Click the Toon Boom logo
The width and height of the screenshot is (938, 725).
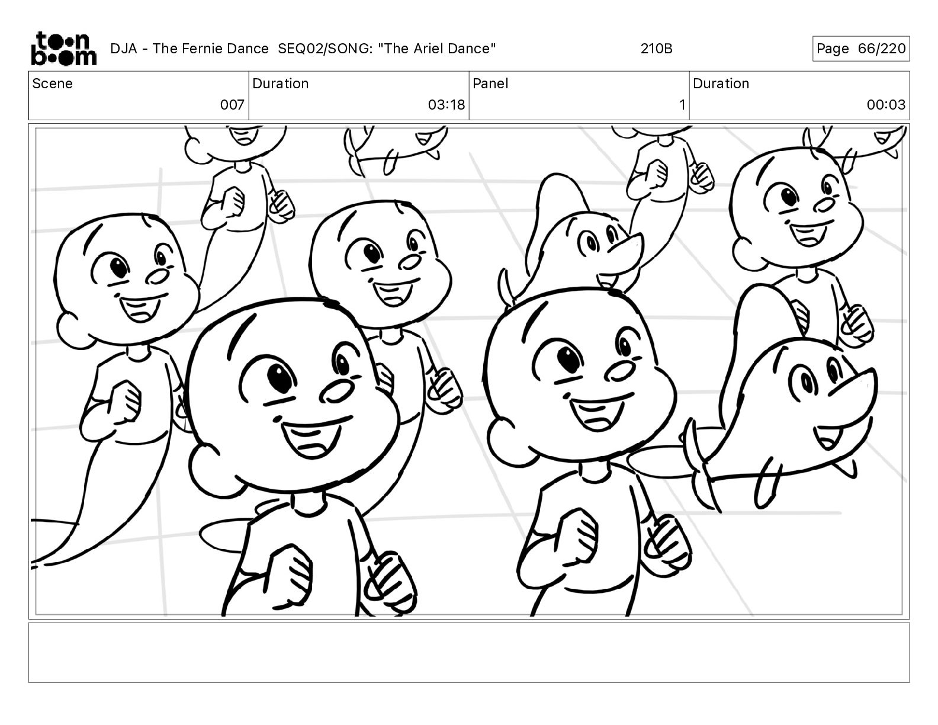click(64, 49)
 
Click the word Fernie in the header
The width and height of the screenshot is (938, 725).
click(200, 49)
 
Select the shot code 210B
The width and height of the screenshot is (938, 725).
click(656, 49)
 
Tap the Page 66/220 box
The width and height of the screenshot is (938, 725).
click(861, 49)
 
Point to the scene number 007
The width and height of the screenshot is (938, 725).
click(232, 104)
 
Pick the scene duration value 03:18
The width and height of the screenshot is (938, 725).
click(446, 104)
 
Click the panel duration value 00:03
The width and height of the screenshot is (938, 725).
click(886, 104)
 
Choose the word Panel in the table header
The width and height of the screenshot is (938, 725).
click(490, 84)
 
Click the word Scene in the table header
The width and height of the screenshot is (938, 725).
click(52, 84)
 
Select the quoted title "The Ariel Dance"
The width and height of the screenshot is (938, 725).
click(437, 49)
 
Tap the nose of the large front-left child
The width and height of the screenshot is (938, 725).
click(336, 391)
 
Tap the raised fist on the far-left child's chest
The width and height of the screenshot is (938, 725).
click(124, 400)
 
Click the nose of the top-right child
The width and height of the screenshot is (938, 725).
click(825, 205)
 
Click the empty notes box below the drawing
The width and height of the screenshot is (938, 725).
click(469, 653)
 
